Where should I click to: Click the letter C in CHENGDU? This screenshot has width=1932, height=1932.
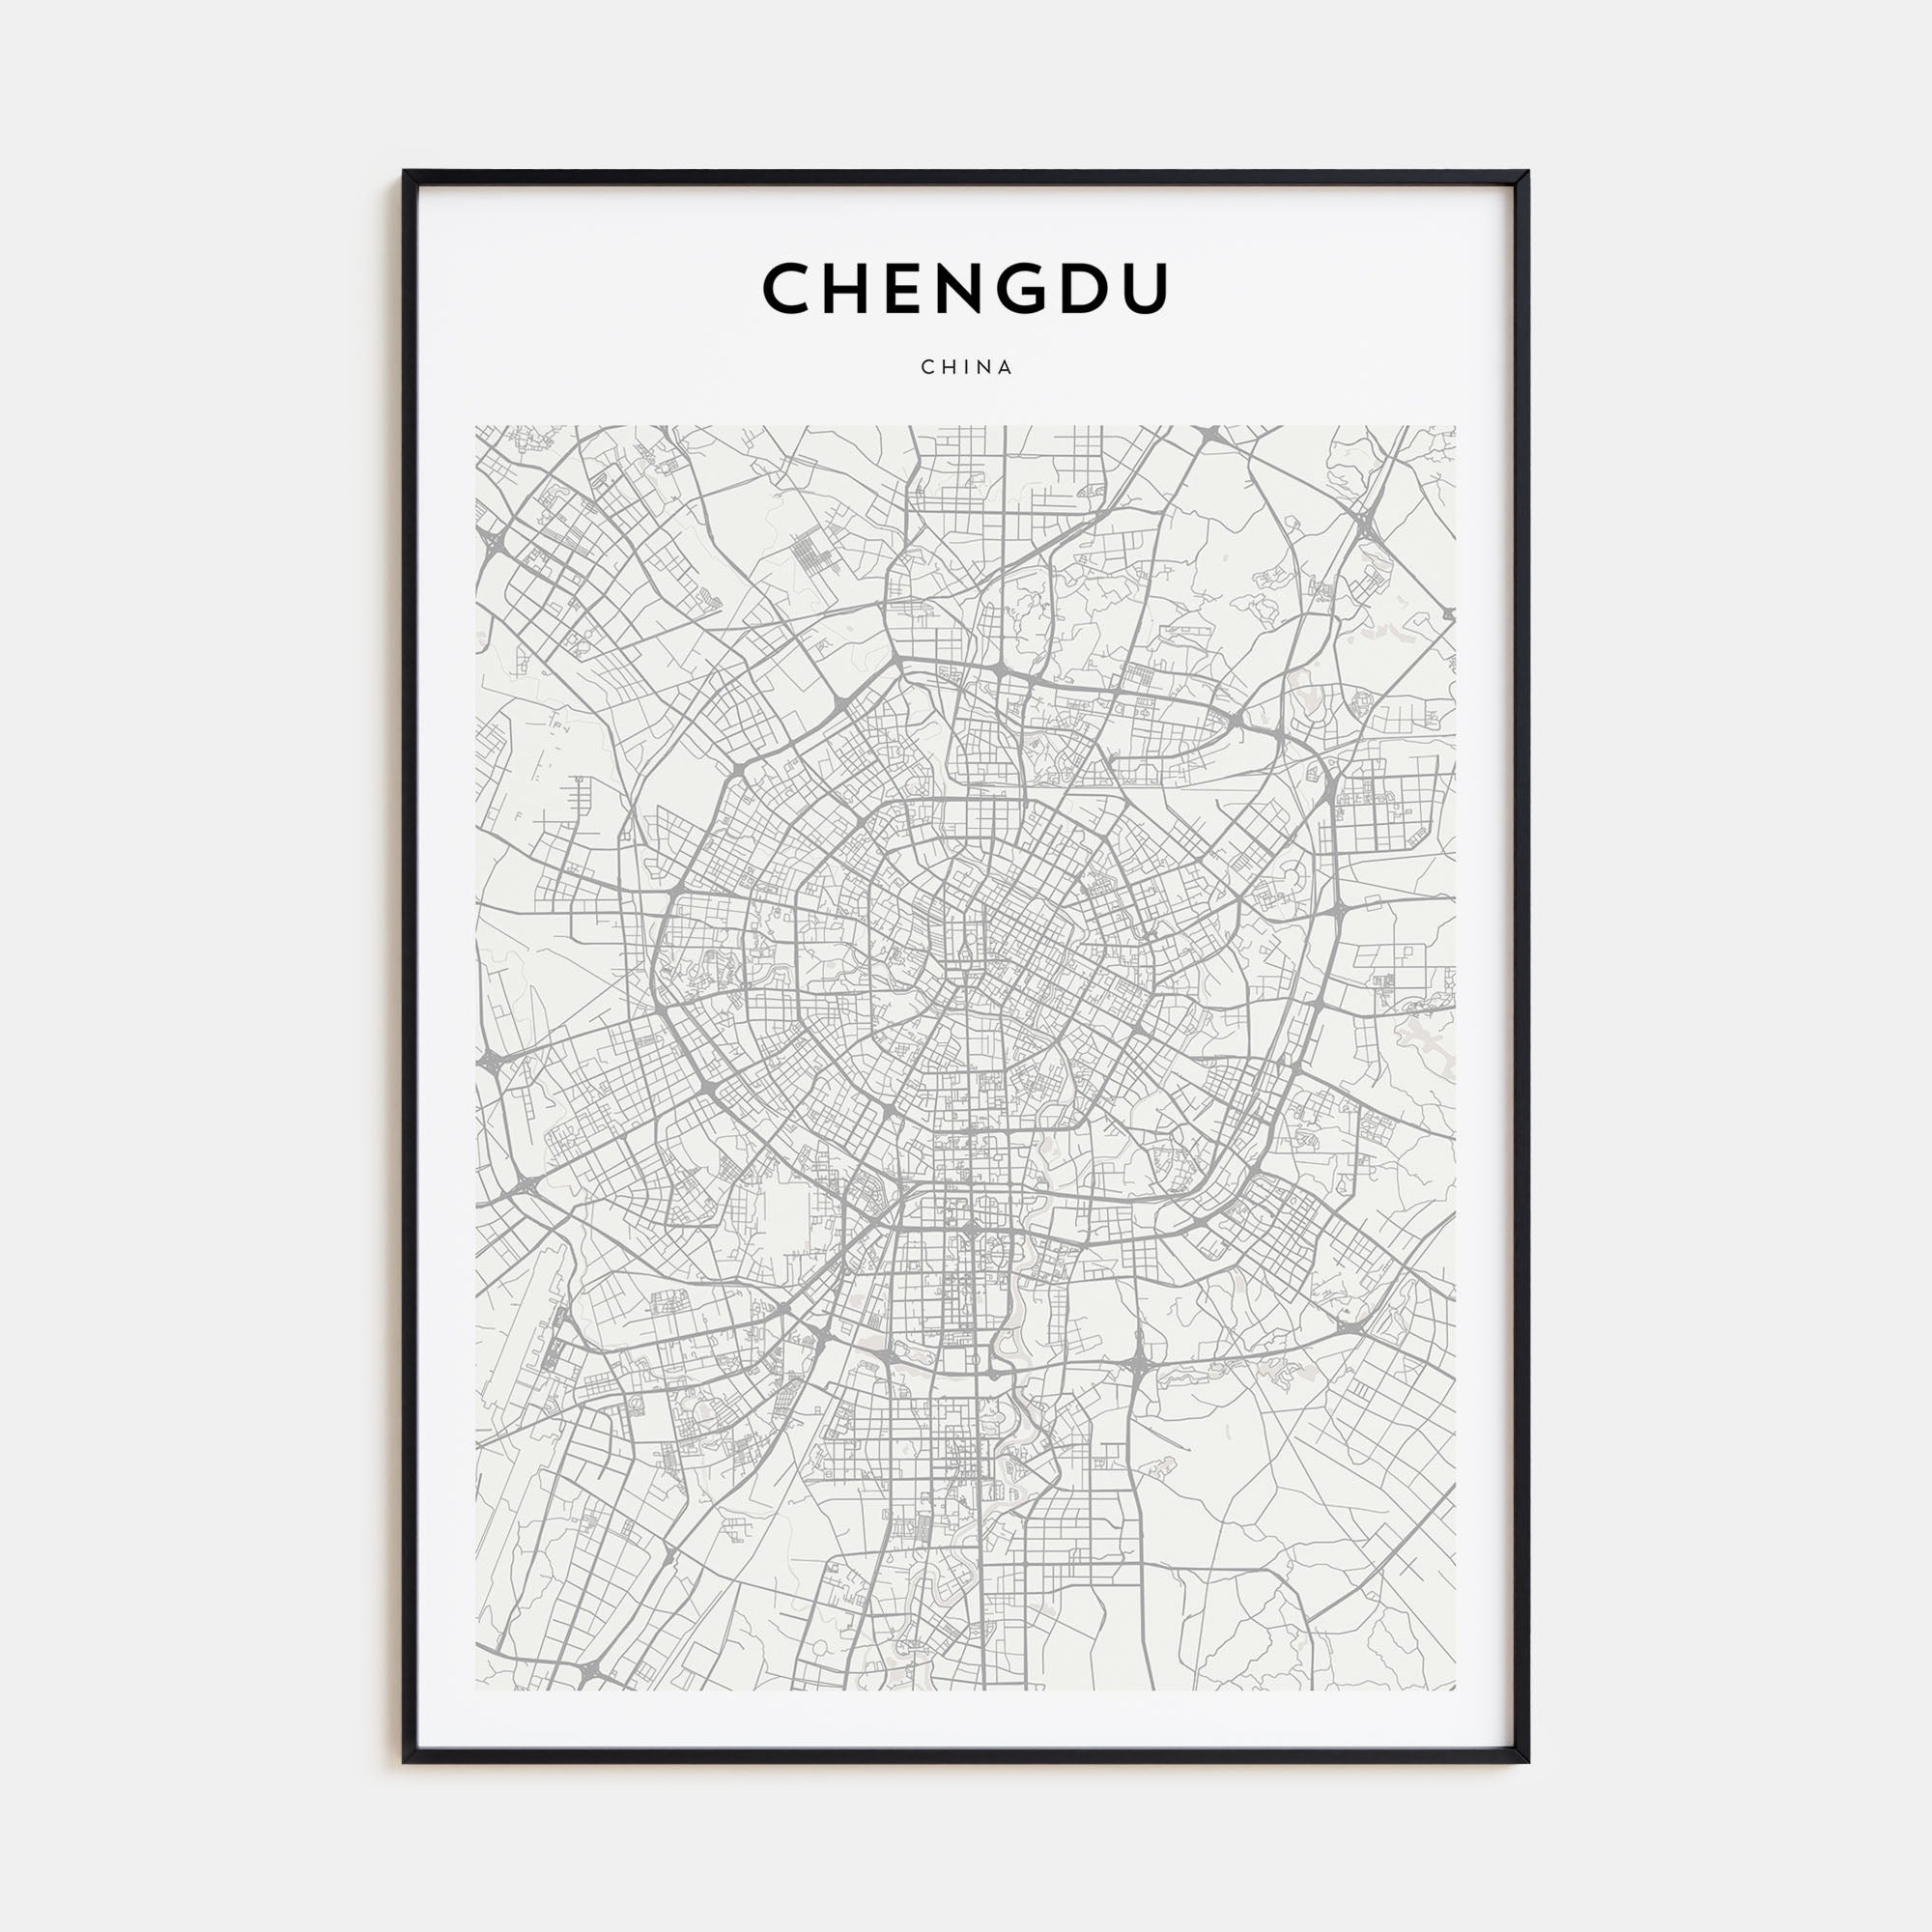pos(790,288)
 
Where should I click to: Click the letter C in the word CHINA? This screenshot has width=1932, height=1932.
pos(927,367)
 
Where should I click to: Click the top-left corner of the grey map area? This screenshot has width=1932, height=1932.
pos(477,427)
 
